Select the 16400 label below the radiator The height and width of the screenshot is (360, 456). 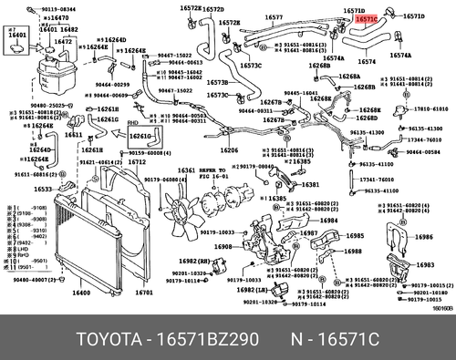pyautogui.click(x=81, y=293)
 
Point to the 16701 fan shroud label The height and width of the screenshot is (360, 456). pyautogui.click(x=143, y=293)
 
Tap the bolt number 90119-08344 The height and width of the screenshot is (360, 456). pyautogui.click(x=50, y=7)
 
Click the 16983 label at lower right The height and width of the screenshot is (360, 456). pyautogui.click(x=424, y=264)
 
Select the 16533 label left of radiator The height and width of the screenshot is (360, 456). pyautogui.click(x=44, y=189)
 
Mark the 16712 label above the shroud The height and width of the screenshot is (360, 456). pyautogui.click(x=137, y=161)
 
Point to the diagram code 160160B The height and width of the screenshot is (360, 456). pyautogui.click(x=440, y=308)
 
